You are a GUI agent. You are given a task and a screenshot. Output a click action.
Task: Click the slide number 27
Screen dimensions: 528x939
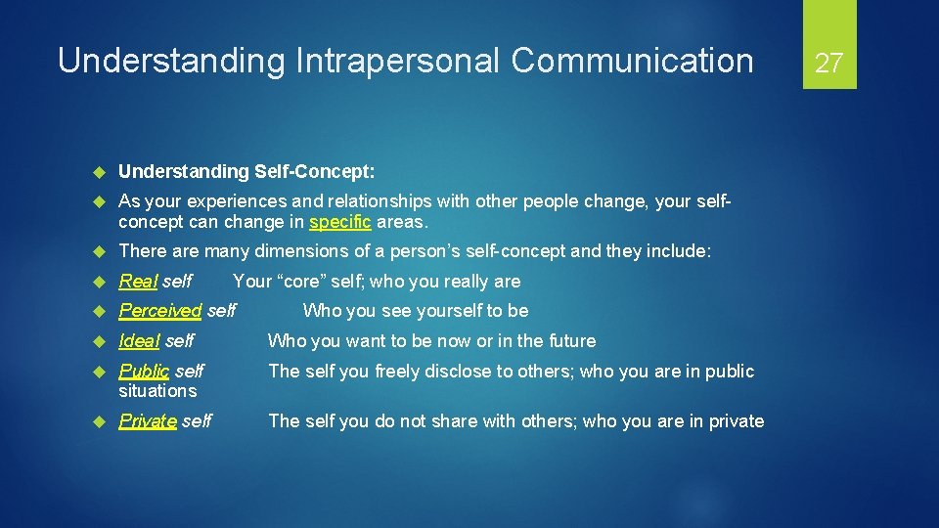click(828, 64)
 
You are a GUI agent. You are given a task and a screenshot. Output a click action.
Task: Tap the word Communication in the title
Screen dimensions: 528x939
click(632, 61)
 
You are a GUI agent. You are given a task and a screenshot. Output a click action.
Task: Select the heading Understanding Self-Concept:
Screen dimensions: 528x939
click(246, 172)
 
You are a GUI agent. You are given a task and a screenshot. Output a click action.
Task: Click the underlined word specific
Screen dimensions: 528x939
click(339, 221)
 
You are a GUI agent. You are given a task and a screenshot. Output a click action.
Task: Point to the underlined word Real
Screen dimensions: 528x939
click(138, 282)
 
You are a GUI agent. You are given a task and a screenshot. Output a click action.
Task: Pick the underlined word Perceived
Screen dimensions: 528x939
click(159, 311)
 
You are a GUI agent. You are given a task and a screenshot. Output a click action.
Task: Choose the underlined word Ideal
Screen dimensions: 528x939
click(139, 341)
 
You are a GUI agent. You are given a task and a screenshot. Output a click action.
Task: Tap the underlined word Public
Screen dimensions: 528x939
click(144, 372)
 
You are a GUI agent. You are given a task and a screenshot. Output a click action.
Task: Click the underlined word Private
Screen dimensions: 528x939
click(148, 421)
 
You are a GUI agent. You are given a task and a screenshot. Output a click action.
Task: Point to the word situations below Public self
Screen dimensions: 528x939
click(157, 391)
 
